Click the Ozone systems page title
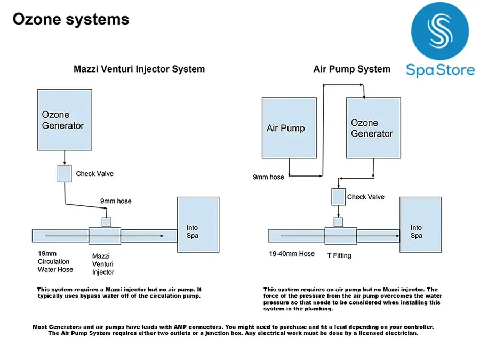pos(71,20)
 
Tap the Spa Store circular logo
pos(440,31)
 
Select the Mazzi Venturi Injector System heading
pos(139,69)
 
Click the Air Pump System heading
pos(352,69)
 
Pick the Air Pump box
pos(289,128)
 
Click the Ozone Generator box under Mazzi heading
pos(65,119)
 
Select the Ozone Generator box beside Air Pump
pos(373,128)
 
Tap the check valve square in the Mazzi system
pos(65,173)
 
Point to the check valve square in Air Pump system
pos(338,196)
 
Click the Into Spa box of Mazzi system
pos(198,225)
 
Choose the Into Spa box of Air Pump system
pos(421,225)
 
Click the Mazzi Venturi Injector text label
pos(103,264)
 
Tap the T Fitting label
pos(339,255)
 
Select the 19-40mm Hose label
pos(292,254)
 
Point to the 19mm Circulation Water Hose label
pos(55,262)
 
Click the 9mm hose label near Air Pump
pos(268,177)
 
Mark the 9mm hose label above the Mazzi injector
pos(116,201)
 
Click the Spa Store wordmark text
pos(440,70)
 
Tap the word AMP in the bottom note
pos(180,327)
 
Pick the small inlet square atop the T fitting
pos(338,222)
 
